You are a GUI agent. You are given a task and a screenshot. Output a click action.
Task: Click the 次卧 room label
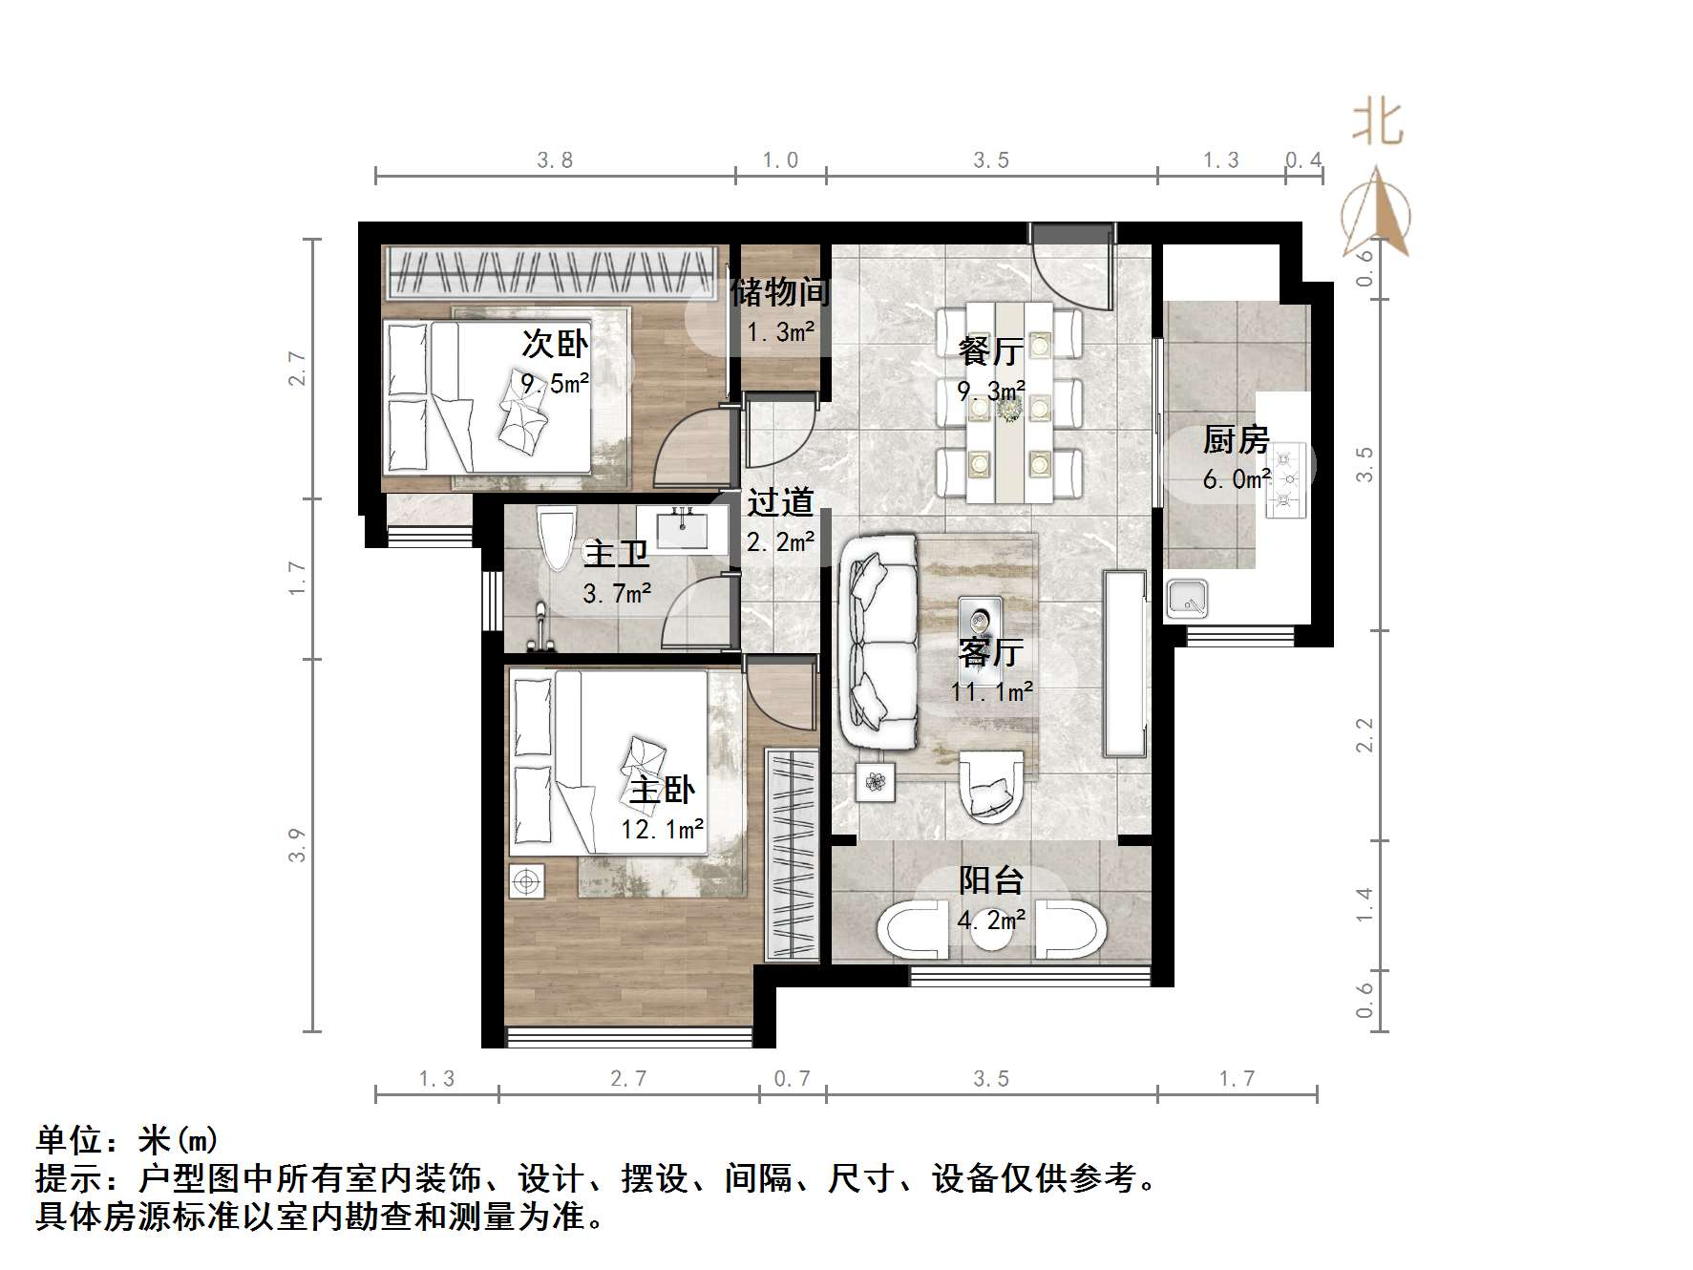pos(554,344)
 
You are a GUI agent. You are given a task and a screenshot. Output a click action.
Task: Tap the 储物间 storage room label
pos(780,292)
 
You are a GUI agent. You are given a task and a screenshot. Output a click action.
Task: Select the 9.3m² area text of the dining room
pos(991,391)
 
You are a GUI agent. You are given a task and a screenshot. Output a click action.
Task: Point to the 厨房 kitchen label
pos(1236,439)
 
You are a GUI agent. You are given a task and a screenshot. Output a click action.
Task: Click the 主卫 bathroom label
pos(616,554)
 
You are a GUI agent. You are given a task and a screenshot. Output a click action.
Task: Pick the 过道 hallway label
pos(780,502)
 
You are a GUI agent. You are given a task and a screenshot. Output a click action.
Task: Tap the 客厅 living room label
pos(991,652)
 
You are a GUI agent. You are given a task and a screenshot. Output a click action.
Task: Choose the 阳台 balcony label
pos(991,879)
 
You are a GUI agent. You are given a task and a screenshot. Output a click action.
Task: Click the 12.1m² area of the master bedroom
pos(662,829)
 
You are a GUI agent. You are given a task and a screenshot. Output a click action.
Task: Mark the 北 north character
pos(1377,124)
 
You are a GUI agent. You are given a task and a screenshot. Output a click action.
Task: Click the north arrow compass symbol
pos(1376,214)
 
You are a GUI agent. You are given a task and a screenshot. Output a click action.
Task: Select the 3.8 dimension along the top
pos(555,160)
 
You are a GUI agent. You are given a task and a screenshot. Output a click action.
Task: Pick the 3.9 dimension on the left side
pos(297,845)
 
